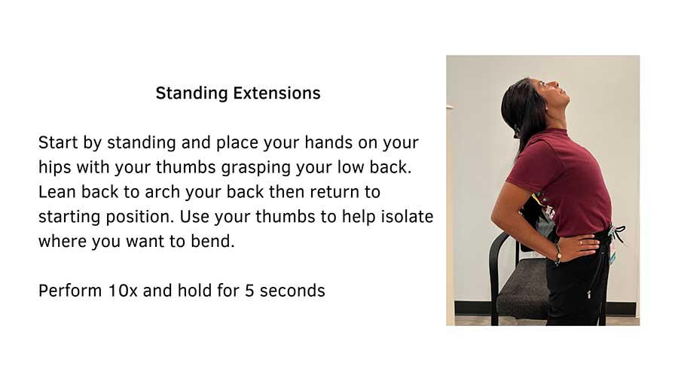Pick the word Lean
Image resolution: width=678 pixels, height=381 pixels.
pyautogui.click(x=56, y=192)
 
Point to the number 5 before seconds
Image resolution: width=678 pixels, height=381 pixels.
pyautogui.click(x=249, y=291)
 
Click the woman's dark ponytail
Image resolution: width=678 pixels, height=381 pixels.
pyautogui.click(x=520, y=113)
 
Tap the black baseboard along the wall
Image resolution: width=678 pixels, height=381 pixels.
pyautogui.click(x=471, y=308)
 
